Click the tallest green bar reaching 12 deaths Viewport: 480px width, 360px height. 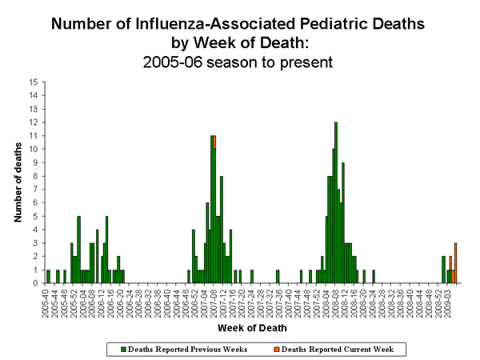click(336, 200)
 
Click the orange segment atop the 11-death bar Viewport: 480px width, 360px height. click(215, 142)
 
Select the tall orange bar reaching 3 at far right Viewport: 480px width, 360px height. click(455, 262)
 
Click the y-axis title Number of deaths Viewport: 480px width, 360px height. click(18, 182)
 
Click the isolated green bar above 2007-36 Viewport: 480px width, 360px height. click(278, 275)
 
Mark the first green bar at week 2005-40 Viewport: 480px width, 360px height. click(48, 275)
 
